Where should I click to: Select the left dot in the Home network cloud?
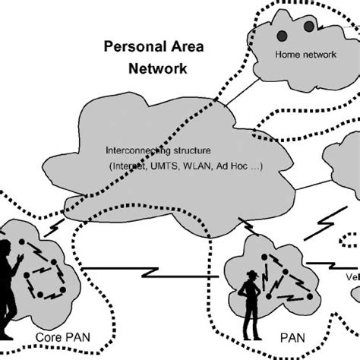(282, 35)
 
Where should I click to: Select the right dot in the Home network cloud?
(308, 27)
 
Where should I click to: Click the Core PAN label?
(57, 335)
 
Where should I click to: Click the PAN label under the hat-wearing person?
(274, 335)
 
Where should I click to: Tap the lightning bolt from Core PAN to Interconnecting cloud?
(55, 228)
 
